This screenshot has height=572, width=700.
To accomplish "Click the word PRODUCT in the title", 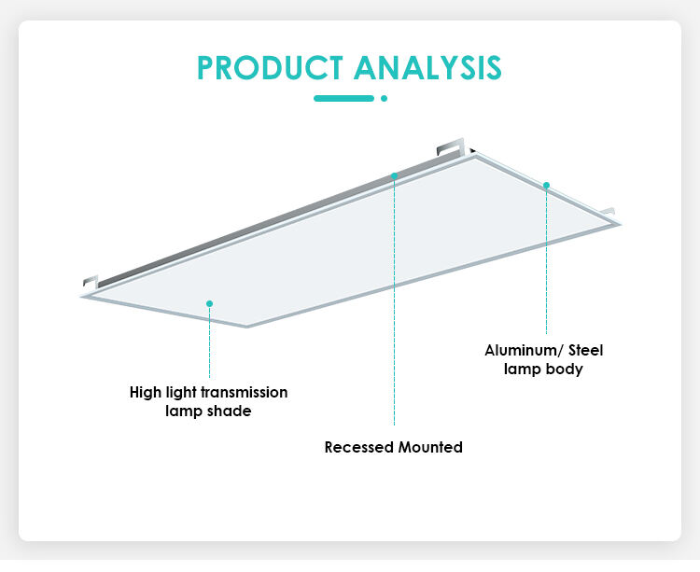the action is pyautogui.click(x=270, y=68).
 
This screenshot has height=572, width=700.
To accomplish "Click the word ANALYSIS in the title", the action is pyautogui.click(x=428, y=68).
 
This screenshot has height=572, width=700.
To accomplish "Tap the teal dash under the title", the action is pyautogui.click(x=343, y=98).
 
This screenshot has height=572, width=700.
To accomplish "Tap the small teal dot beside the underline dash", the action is pyautogui.click(x=384, y=98).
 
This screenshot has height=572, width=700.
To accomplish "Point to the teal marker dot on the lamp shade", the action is pyautogui.click(x=209, y=303).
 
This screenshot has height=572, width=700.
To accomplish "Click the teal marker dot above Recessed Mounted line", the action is pyautogui.click(x=394, y=175).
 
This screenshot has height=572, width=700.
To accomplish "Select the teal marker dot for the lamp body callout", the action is pyautogui.click(x=546, y=185).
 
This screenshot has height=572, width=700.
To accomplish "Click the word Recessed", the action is pyautogui.click(x=359, y=447).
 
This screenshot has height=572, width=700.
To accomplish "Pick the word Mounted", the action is pyautogui.click(x=430, y=447).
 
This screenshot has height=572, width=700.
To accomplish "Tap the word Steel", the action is pyautogui.click(x=586, y=350).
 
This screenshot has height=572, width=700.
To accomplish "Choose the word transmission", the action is pyautogui.click(x=245, y=393).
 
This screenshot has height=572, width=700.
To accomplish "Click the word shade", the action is pyautogui.click(x=229, y=411).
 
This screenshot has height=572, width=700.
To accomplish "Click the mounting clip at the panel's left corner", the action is pyautogui.click(x=91, y=281).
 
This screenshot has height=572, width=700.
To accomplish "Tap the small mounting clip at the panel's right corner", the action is pyautogui.click(x=608, y=212).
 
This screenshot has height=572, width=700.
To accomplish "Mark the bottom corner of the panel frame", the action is pyautogui.click(x=247, y=327).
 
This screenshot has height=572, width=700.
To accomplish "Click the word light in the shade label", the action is pyautogui.click(x=181, y=393).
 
